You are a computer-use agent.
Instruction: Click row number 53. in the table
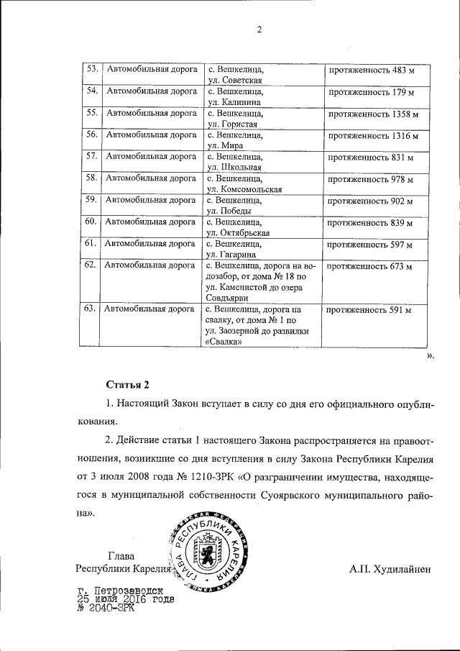(91, 70)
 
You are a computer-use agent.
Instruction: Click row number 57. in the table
(91, 156)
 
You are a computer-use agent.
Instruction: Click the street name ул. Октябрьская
(238, 233)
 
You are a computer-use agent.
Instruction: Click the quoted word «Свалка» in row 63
(223, 342)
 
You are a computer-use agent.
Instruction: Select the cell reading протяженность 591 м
(370, 311)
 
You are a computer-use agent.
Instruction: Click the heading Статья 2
(127, 385)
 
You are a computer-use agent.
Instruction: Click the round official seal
(213, 552)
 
